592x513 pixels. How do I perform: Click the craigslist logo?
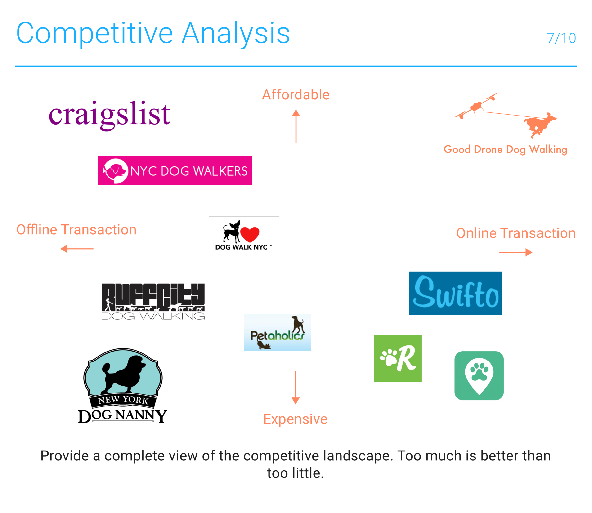click(109, 115)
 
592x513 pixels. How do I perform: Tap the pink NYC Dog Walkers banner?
click(175, 171)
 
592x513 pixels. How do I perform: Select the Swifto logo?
click(455, 293)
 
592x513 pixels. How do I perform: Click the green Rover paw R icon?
click(398, 358)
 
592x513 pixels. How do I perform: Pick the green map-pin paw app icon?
click(479, 376)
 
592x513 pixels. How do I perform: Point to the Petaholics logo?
click(277, 332)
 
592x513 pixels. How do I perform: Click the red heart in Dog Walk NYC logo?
click(250, 234)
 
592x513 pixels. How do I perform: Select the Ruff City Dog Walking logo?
click(153, 301)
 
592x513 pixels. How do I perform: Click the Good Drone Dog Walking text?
click(505, 149)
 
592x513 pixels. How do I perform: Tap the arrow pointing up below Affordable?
click(296, 126)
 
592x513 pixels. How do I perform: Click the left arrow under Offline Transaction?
click(77, 249)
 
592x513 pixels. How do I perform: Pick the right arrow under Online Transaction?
click(516, 252)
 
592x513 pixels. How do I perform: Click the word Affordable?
click(296, 95)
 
